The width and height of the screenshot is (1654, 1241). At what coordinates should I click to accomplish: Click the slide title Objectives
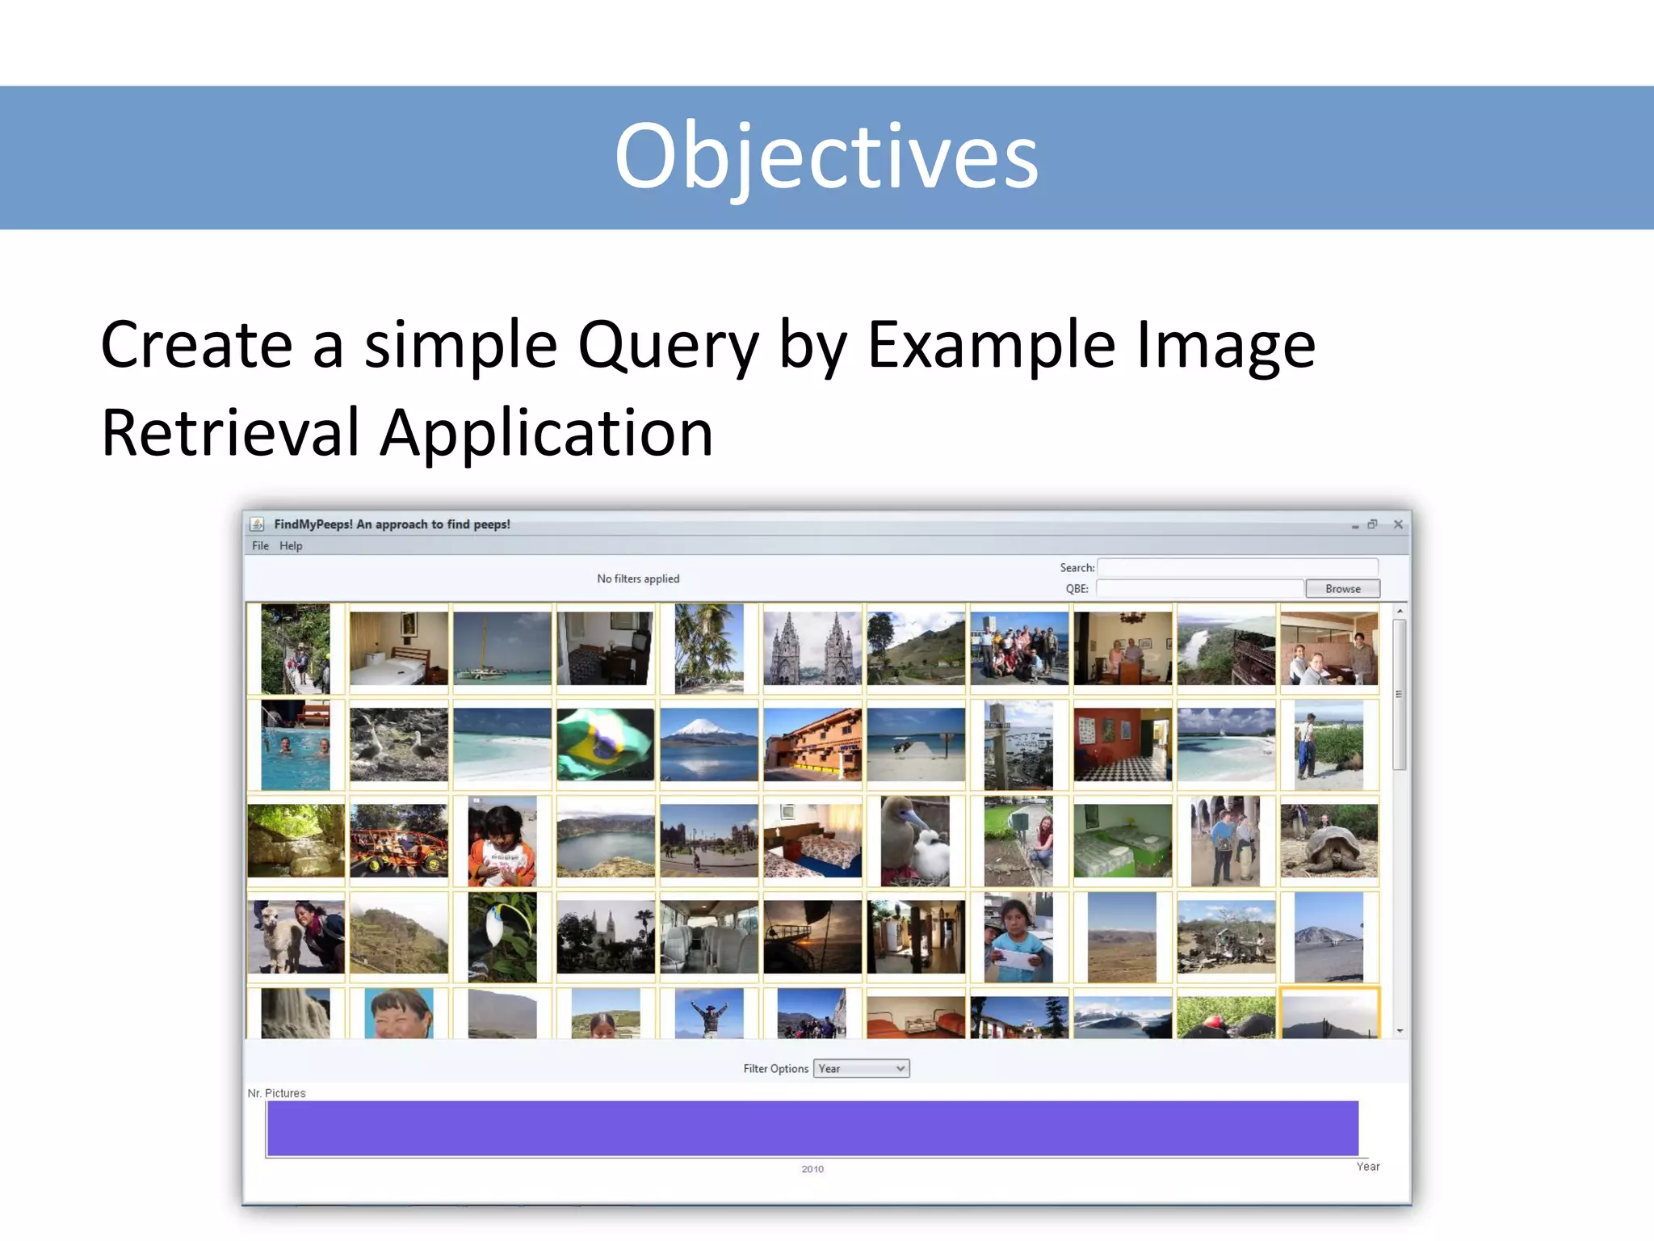point(825,156)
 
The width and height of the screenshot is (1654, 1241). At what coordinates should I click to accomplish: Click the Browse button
point(1342,589)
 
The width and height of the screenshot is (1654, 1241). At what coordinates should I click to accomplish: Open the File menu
point(260,546)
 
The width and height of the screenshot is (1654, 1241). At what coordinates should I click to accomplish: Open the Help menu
point(291,546)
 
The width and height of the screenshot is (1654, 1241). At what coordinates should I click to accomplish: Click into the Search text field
point(1236,567)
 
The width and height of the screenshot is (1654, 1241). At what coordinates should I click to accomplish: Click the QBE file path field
point(1199,589)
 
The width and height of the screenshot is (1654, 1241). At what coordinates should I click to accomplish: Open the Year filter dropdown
point(861,1069)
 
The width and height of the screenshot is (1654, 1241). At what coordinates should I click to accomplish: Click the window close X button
point(1398,524)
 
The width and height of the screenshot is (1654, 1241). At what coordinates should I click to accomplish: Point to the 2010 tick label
point(812,1169)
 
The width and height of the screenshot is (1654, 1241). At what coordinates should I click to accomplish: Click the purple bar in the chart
point(812,1129)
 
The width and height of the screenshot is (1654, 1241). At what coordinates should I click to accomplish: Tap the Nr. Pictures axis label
point(276,1093)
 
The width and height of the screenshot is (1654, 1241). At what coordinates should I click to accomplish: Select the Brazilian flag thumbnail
point(605,744)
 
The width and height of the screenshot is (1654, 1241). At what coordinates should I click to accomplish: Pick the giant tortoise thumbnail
point(1329,840)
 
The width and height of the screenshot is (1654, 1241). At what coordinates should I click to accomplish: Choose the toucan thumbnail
point(502,937)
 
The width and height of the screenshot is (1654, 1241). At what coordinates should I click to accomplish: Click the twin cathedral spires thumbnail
point(812,648)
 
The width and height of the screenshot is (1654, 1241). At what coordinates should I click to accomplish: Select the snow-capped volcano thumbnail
point(708,744)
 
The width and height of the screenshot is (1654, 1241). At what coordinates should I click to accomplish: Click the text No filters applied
point(638,578)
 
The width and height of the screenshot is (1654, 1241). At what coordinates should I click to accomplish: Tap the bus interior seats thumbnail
point(708,937)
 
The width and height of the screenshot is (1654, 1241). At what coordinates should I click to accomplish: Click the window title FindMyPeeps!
point(393,524)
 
